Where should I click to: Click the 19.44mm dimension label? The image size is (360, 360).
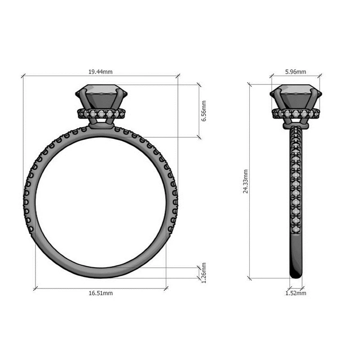pos(100,72)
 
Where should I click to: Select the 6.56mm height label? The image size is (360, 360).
pos(204,111)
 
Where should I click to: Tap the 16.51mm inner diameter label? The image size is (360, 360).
pos(101,293)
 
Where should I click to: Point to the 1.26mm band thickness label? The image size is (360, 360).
pos(204,273)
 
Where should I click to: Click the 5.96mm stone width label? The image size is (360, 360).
pos(296,72)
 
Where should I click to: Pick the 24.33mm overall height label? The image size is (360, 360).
pos(246,181)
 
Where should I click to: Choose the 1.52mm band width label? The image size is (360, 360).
pos(296,293)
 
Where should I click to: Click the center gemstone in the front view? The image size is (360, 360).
pos(101,96)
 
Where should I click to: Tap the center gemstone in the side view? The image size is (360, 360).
pos(296,96)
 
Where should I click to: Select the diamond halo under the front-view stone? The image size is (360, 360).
pos(102,114)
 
